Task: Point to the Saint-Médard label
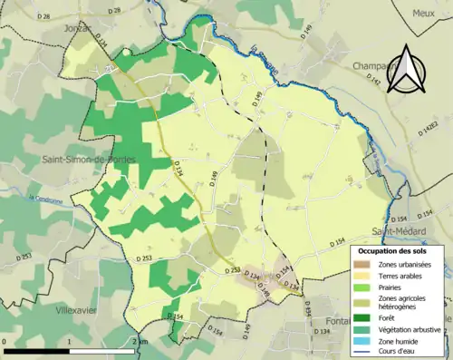(x=398, y=231)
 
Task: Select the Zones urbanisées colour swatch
(x=362, y=264)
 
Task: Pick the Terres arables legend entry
(x=400, y=276)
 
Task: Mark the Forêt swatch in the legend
(x=362, y=318)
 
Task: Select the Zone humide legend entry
(x=400, y=340)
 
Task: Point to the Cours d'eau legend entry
(x=399, y=351)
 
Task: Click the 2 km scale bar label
(x=139, y=342)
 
